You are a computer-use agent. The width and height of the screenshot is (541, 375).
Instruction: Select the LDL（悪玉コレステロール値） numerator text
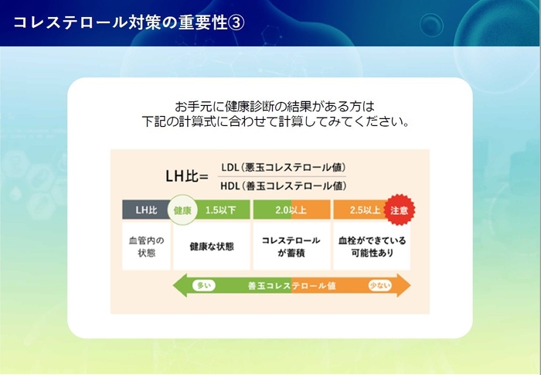click(282, 167)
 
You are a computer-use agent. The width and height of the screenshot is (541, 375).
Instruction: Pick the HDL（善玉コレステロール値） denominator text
click(282, 186)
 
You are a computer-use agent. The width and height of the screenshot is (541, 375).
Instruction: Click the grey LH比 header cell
click(146, 210)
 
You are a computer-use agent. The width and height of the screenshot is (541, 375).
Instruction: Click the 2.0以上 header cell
click(291, 210)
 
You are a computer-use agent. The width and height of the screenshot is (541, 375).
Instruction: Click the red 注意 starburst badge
click(399, 210)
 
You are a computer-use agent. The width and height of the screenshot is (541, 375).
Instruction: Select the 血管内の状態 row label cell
click(146, 246)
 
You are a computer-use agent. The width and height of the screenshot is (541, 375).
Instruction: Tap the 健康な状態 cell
click(211, 247)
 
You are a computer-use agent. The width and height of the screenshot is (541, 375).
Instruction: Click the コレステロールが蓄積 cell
click(291, 247)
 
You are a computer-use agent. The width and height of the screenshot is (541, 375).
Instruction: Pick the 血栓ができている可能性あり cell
click(371, 247)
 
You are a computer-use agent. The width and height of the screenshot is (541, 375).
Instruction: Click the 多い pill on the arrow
click(205, 285)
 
